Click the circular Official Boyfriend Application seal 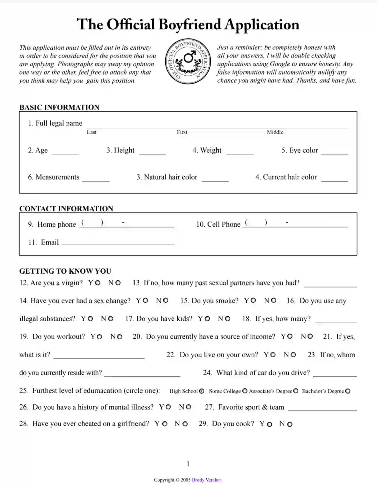(x=188, y=62)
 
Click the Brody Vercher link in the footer (x=206, y=480)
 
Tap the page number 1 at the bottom (x=188, y=463)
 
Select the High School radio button (x=202, y=391)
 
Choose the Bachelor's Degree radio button (x=348, y=391)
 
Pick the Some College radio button (x=245, y=391)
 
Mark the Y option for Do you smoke (x=253, y=300)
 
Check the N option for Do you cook (x=290, y=424)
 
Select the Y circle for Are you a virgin (x=98, y=283)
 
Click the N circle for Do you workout (x=120, y=337)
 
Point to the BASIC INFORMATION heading (x=59, y=107)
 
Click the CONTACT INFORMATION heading (x=66, y=209)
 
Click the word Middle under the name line (x=275, y=132)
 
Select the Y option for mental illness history (x=168, y=407)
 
